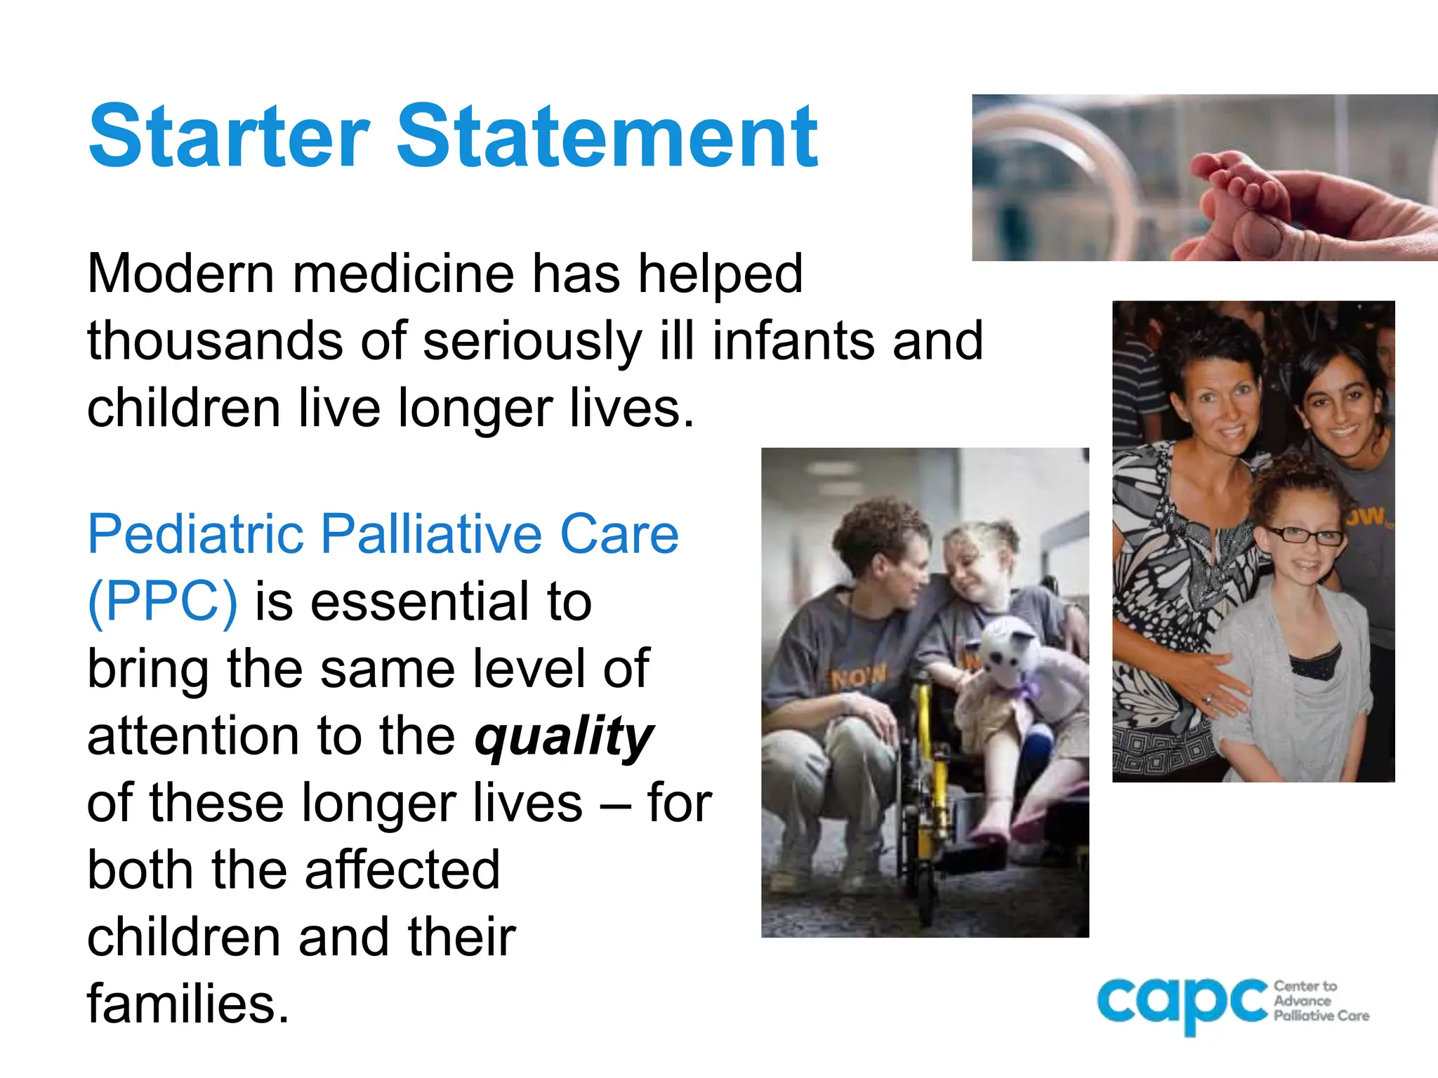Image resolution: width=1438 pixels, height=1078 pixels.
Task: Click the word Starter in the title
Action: click(x=229, y=136)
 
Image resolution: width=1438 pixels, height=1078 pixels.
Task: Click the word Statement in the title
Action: click(x=607, y=136)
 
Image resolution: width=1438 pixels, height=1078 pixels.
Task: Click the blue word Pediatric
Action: click(x=196, y=535)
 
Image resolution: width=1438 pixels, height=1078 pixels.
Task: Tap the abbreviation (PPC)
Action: click(x=162, y=602)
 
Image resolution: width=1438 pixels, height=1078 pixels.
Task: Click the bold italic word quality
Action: click(x=564, y=737)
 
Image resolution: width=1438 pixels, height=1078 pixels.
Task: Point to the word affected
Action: click(x=402, y=870)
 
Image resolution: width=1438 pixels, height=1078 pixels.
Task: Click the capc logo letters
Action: click(x=1183, y=1002)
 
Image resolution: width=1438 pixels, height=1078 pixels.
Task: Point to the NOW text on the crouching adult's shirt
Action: click(x=858, y=678)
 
